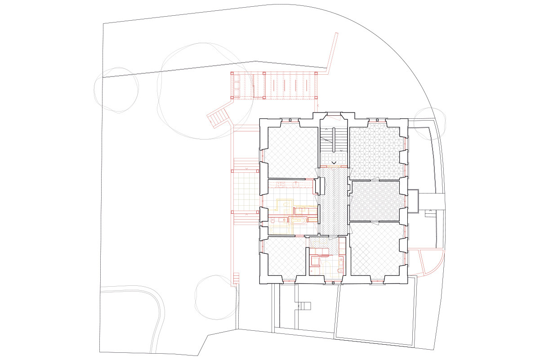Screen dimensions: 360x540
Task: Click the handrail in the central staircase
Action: tap(333, 139)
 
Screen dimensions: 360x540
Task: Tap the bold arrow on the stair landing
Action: tap(335, 162)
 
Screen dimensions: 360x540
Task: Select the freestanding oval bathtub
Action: tap(297, 220)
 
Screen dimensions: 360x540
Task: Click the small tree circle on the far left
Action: tap(116, 90)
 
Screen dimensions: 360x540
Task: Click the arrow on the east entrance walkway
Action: tap(430, 210)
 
